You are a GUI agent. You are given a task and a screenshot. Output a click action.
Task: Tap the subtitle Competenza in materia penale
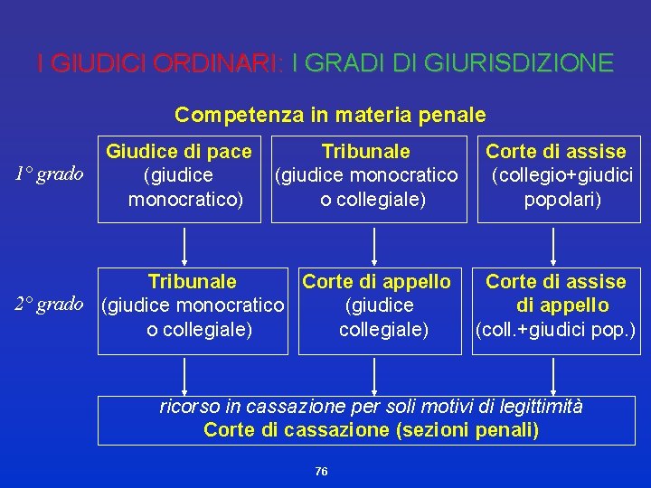330,115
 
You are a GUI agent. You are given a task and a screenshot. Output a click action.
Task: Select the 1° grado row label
51,174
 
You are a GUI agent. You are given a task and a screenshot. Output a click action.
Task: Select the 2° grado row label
51,304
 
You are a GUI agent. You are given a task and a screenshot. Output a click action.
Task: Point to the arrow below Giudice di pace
184,243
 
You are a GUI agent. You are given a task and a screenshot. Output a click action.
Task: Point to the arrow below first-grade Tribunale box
373,243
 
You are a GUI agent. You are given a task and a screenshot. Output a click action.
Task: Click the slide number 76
322,472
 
